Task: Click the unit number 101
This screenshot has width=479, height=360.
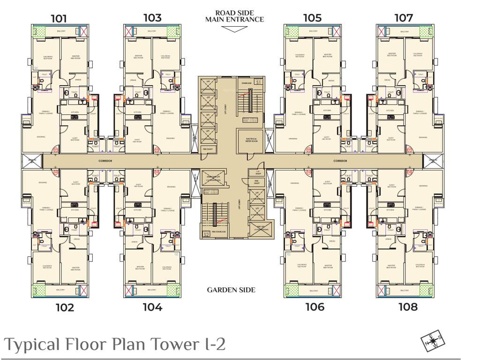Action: [x=59, y=19]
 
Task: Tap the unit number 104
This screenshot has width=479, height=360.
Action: [x=152, y=307]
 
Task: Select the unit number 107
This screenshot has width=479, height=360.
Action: [x=404, y=18]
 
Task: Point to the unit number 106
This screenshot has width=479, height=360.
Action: [x=314, y=307]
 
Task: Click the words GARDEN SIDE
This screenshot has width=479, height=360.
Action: [x=231, y=290]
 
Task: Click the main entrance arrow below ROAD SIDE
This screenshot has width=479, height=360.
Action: [x=234, y=29]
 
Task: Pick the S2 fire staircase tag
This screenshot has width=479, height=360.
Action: [x=206, y=234]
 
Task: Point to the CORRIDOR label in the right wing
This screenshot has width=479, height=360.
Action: [x=340, y=161]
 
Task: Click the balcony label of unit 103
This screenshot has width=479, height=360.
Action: [x=152, y=31]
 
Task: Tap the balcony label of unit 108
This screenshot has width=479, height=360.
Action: [x=404, y=291]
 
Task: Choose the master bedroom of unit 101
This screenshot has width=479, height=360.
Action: [x=75, y=57]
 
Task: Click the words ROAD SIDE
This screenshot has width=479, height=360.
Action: [x=234, y=13]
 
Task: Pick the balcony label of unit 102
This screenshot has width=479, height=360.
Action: [x=60, y=291]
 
